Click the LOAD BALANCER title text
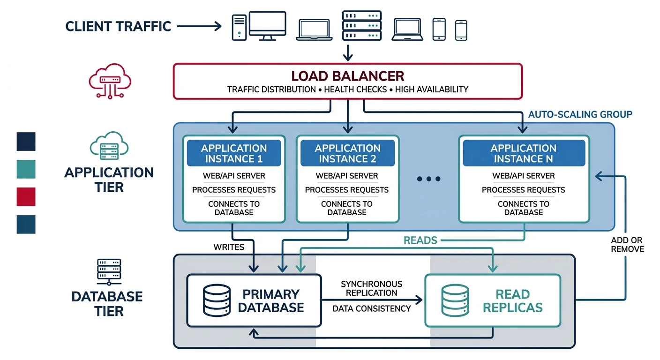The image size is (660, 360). click(x=347, y=76)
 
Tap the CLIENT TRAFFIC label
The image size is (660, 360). click(x=118, y=26)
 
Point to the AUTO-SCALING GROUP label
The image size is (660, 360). click(x=580, y=114)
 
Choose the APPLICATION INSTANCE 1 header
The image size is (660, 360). click(x=234, y=153)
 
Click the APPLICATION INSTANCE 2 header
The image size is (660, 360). click(x=347, y=153)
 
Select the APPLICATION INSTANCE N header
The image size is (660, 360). click(x=523, y=153)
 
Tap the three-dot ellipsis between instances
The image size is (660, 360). click(x=428, y=179)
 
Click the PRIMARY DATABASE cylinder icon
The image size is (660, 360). click(x=217, y=300)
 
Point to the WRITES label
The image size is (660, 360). click(x=229, y=247)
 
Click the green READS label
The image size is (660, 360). click(x=420, y=240)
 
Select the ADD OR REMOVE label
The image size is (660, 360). click(x=627, y=244)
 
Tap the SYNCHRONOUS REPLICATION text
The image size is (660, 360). click(x=371, y=288)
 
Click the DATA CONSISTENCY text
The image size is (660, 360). click(x=371, y=308)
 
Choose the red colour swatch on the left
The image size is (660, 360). click(x=26, y=196)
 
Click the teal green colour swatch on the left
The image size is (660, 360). click(x=26, y=169)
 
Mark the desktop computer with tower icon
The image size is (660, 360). click(x=259, y=26)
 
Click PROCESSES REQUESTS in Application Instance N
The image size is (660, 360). click(x=523, y=190)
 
